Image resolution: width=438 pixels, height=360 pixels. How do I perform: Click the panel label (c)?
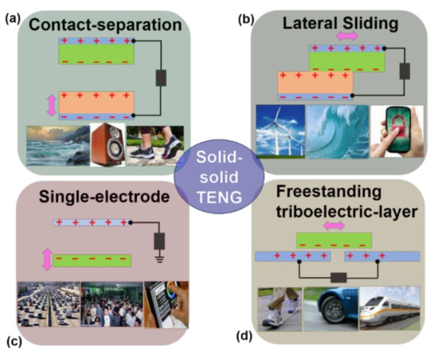[x=12, y=343]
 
